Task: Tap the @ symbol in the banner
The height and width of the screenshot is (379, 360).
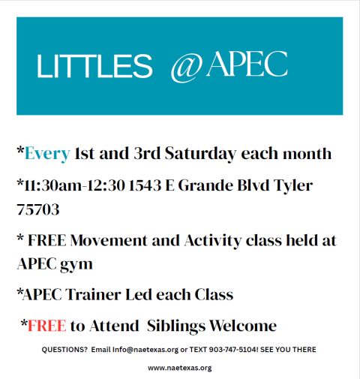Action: tap(187, 67)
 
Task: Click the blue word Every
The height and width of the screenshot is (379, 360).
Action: tap(47, 154)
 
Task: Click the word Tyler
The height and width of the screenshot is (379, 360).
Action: tap(292, 184)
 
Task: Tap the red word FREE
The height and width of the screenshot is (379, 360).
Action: tap(46, 326)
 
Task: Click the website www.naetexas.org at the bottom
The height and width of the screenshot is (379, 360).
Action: tap(179, 368)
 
